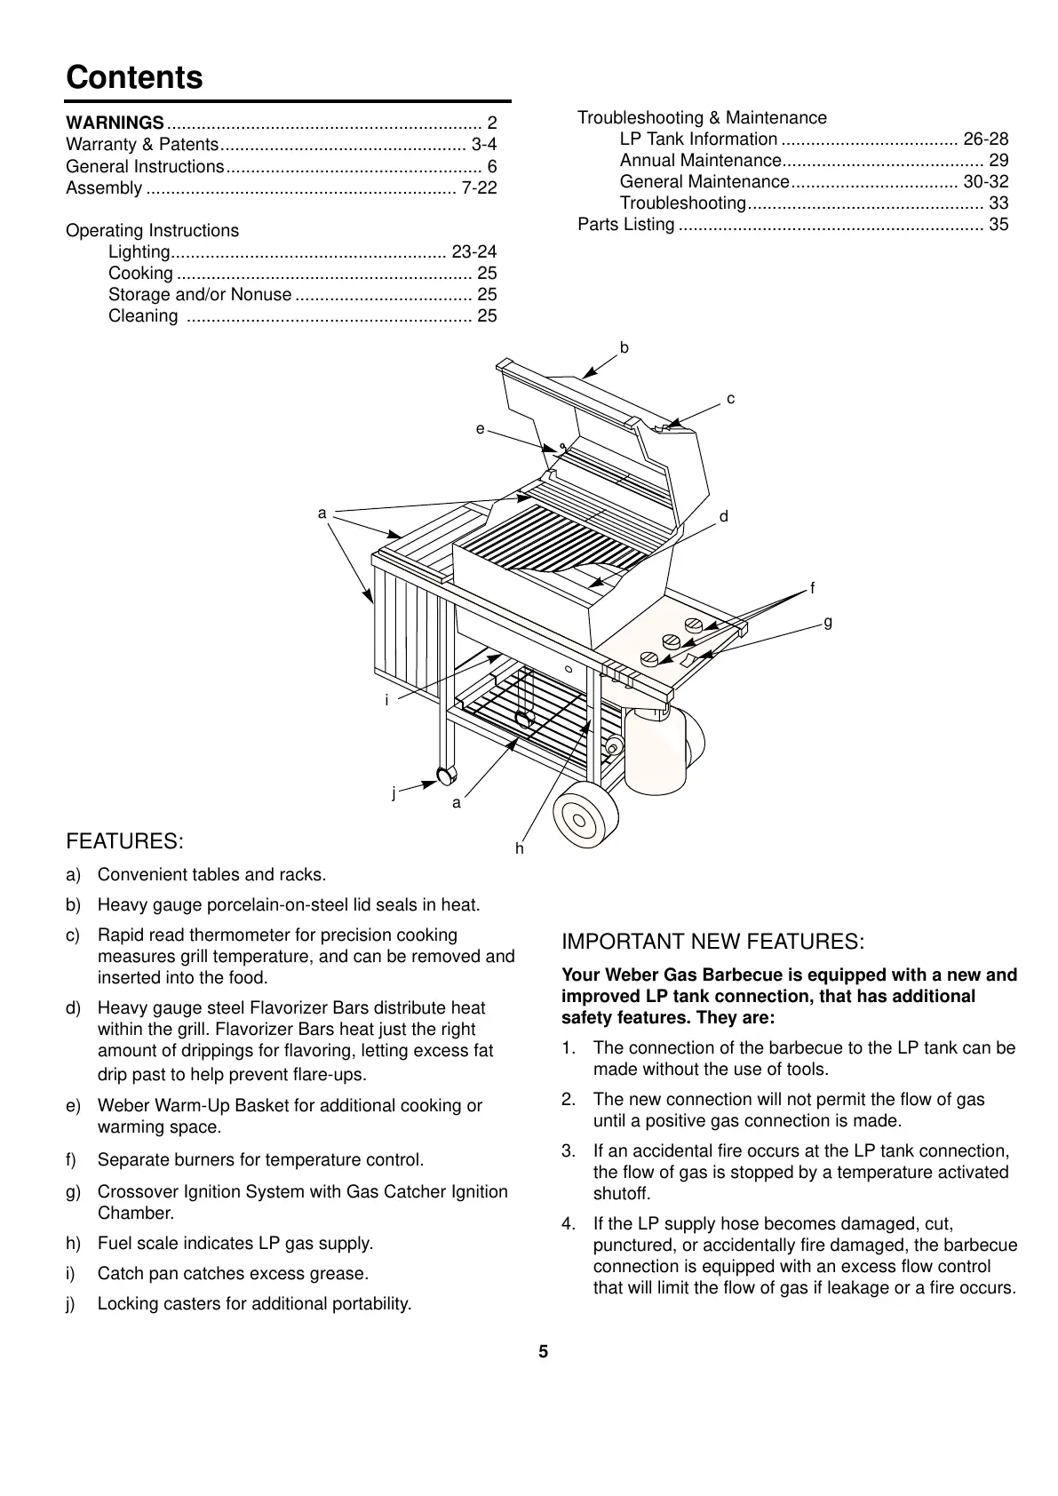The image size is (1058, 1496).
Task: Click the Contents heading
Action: tap(134, 77)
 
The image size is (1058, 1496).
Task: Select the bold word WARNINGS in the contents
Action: tap(115, 123)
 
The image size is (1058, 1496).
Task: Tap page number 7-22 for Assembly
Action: tap(480, 187)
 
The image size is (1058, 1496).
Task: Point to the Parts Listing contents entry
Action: tap(626, 224)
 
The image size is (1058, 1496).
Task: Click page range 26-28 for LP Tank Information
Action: tap(986, 139)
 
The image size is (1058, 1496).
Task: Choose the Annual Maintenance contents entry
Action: tap(700, 160)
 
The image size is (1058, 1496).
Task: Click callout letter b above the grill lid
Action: tap(624, 347)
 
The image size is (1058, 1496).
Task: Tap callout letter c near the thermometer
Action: tap(730, 400)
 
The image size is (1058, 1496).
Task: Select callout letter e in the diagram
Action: tap(480, 429)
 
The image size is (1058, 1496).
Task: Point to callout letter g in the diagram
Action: tap(828, 623)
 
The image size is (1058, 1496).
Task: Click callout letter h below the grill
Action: tap(520, 849)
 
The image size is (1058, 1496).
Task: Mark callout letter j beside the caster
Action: tap(394, 793)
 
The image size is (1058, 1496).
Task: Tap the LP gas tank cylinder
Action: tap(656, 752)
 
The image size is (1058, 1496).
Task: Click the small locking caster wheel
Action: tap(445, 776)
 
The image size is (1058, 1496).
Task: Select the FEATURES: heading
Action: tap(125, 841)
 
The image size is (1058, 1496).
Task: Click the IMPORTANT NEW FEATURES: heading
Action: tap(712, 942)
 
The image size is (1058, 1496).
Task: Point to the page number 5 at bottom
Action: tap(544, 1352)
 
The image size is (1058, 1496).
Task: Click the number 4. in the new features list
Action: tap(569, 1224)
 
